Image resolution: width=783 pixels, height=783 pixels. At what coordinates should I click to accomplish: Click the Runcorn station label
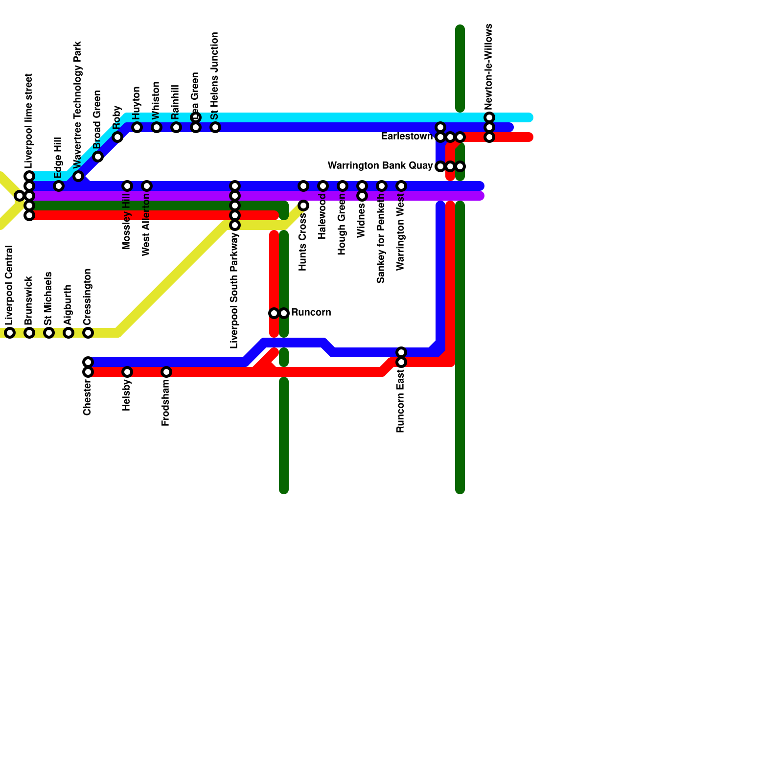point(311,313)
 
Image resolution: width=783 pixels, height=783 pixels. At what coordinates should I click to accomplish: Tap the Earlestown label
point(407,137)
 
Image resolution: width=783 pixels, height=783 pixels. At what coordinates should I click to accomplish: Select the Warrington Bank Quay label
point(380,166)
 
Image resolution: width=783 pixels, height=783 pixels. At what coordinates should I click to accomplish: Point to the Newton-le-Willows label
point(489,67)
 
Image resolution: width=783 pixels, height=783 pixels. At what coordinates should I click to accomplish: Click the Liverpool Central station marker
point(10,333)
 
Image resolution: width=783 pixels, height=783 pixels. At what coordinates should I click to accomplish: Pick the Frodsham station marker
point(166,372)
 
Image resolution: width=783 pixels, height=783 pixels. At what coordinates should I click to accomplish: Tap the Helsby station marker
point(127,372)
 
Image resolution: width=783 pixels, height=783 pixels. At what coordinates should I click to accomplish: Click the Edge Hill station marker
point(59,186)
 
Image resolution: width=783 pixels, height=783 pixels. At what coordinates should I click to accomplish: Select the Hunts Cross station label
point(303,242)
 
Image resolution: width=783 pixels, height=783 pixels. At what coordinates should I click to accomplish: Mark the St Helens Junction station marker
point(215,127)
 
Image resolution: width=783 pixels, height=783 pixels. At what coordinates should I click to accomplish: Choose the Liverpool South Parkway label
point(234,291)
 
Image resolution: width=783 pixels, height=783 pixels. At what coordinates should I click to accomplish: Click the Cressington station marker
point(88,333)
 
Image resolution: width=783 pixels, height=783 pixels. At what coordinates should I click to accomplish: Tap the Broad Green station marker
point(98,157)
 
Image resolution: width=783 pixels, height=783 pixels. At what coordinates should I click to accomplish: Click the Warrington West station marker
point(401,186)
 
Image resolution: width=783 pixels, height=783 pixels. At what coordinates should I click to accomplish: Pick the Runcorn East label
point(401,401)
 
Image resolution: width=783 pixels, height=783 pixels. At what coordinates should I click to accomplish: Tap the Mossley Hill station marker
point(127,186)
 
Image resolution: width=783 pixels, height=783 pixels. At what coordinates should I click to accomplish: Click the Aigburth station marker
point(69,333)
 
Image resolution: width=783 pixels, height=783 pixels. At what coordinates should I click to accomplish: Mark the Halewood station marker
point(323,186)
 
